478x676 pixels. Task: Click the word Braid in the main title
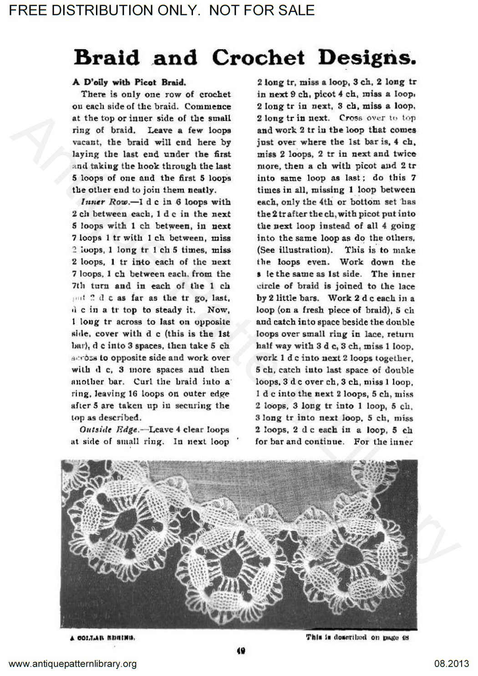tap(107, 58)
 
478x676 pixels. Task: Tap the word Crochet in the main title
tap(258, 58)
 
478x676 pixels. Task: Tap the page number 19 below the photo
tap(241, 651)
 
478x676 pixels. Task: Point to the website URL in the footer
tap(73, 664)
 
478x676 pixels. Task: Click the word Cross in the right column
tap(351, 118)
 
